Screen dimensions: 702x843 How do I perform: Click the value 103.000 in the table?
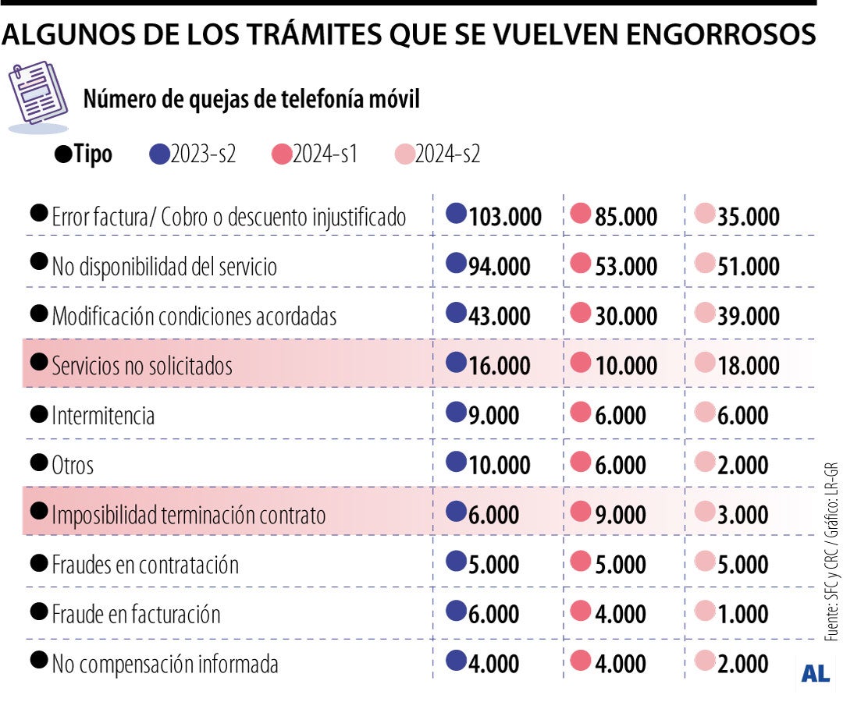[x=505, y=218]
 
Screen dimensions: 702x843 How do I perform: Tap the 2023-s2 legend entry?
[x=202, y=154]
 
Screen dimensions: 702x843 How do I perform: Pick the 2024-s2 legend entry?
[x=446, y=154]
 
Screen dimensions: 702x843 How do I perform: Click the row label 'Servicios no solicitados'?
[x=142, y=365]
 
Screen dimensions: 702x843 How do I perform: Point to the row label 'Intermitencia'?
[x=103, y=415]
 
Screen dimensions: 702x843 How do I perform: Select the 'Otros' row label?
[x=73, y=466]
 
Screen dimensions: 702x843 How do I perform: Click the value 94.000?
[x=500, y=267]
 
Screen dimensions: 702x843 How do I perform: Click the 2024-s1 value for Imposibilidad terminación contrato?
[x=619, y=515]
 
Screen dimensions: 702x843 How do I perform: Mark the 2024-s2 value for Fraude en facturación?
[x=743, y=615]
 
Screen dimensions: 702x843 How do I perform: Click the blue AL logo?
[x=815, y=674]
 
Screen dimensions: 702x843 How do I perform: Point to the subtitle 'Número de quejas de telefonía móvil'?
[x=251, y=100]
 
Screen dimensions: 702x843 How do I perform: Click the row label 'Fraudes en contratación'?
[x=145, y=565]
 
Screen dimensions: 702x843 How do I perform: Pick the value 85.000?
[x=625, y=218]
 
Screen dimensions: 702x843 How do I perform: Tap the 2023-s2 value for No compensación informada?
[x=494, y=664]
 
